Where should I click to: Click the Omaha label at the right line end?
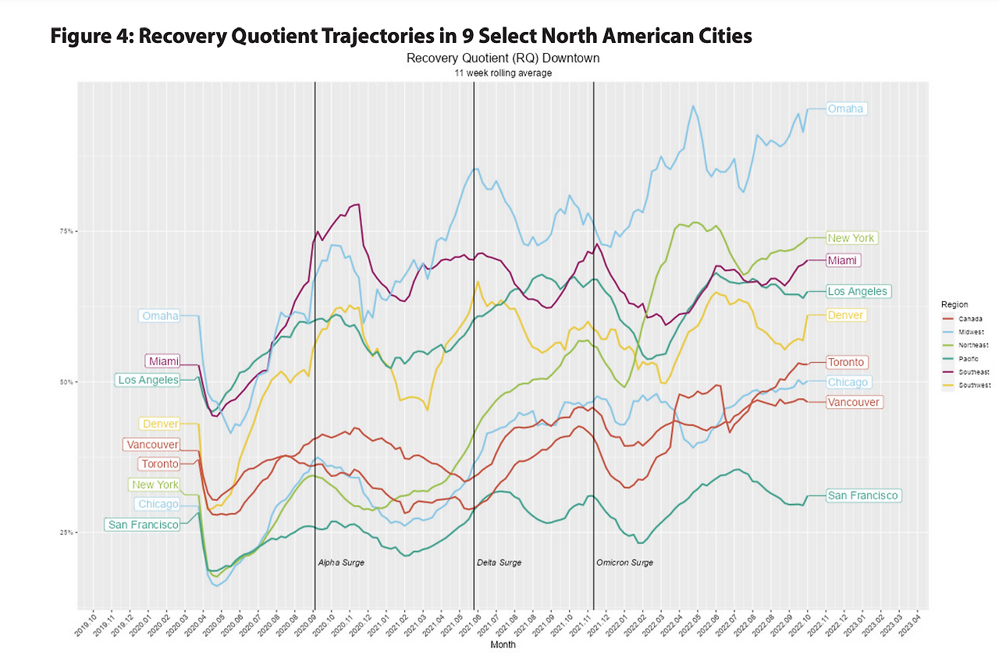pyautogui.click(x=846, y=108)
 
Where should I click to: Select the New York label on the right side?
pyautogui.click(x=851, y=238)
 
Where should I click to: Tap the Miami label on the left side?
pyautogui.click(x=162, y=361)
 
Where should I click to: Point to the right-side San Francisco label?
pyautogui.click(x=864, y=496)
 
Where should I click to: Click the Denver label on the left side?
pyautogui.click(x=160, y=424)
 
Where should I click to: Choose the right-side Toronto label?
pyautogui.click(x=846, y=362)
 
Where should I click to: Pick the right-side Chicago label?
pyautogui.click(x=848, y=382)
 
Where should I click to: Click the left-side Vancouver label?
pyautogui.click(x=151, y=445)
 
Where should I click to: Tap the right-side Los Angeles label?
pyautogui.click(x=858, y=291)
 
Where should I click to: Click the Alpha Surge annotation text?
pyautogui.click(x=341, y=563)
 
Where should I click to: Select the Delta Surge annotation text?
pyautogui.click(x=499, y=563)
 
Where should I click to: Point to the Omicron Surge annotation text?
pyautogui.click(x=624, y=563)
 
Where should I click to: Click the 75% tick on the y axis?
pyautogui.click(x=65, y=231)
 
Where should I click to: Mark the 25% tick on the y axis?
pyautogui.click(x=65, y=532)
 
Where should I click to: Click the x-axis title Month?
pyautogui.click(x=503, y=645)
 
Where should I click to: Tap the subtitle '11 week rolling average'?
pyautogui.click(x=503, y=73)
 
